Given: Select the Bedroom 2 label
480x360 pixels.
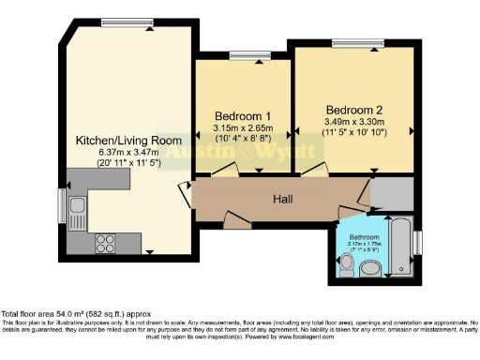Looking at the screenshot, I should [x=353, y=109].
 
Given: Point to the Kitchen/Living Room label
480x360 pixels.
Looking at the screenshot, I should [x=128, y=141].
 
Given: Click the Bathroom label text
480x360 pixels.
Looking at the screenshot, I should [x=365, y=237].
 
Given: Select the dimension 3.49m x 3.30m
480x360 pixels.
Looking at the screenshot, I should [x=353, y=122].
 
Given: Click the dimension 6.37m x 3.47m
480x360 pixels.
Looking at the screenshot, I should [x=128, y=152].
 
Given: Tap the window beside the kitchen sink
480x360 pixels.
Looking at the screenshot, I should [x=63, y=202].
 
